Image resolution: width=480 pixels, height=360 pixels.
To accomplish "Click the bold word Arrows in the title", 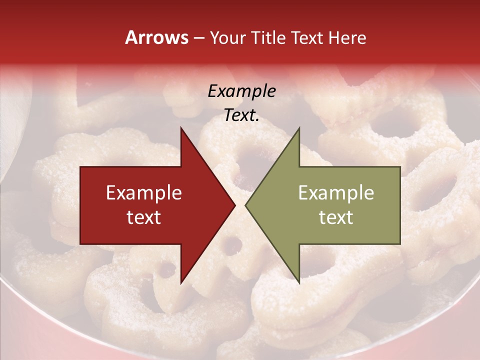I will click(157, 37).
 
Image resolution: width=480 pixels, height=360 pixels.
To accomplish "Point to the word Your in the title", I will click(228, 37).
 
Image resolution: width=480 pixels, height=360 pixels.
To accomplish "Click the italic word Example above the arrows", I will click(241, 91).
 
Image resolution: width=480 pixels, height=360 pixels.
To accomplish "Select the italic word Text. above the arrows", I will click(241, 115).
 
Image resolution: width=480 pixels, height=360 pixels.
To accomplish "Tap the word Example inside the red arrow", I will click(144, 193).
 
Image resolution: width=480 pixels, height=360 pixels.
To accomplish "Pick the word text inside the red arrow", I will click(144, 217).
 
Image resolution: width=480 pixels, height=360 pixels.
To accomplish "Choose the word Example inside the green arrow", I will click(336, 193).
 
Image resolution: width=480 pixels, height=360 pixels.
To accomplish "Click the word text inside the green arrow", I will click(336, 217).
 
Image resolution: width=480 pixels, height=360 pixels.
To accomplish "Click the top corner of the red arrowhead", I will click(181, 128).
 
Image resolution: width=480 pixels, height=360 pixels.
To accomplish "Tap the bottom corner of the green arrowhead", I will click(299, 282).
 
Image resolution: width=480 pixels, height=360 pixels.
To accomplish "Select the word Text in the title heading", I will click(306, 37).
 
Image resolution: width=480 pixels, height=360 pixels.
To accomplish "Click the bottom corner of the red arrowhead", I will click(181, 282).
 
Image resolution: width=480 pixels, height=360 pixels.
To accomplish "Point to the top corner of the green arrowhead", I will click(299, 128).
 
